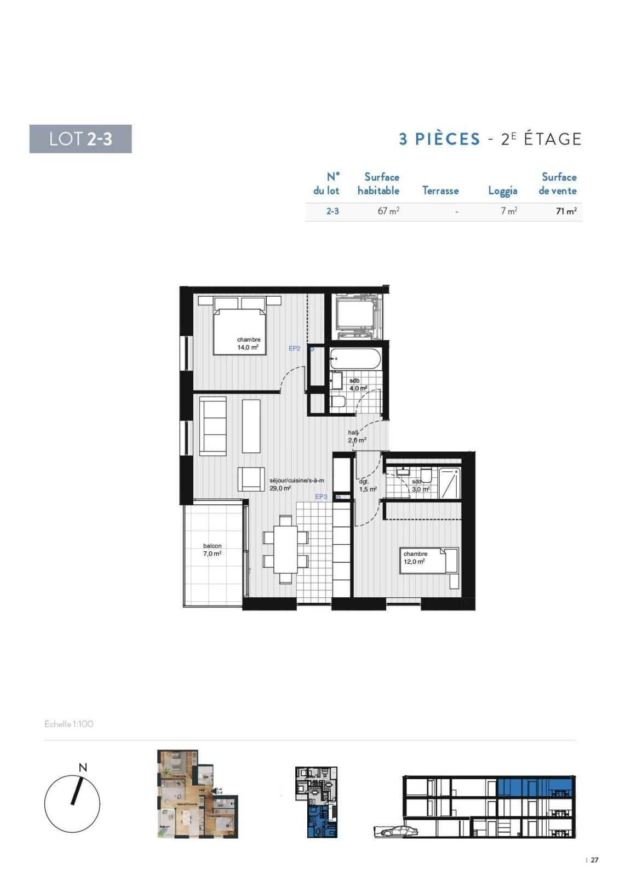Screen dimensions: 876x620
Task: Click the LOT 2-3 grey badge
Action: tap(81, 139)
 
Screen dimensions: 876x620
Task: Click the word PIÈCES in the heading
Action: tap(447, 139)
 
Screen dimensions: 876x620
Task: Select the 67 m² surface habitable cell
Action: tap(388, 211)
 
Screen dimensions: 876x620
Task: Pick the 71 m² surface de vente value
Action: tap(566, 211)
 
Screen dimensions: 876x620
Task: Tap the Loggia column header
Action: tap(502, 191)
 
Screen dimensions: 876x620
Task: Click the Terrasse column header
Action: tap(440, 191)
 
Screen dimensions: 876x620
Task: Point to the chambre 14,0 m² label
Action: tap(248, 343)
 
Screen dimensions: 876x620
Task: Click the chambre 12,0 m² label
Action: tap(415, 557)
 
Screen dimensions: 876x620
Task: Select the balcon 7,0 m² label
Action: tap(212, 550)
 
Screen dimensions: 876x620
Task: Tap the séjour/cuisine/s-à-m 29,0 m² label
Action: tap(296, 484)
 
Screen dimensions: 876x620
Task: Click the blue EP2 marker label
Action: tap(295, 348)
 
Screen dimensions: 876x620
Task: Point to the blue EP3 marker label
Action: tap(321, 497)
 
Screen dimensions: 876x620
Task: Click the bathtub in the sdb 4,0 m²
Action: tap(355, 359)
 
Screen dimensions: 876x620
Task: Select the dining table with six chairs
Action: tap(285, 549)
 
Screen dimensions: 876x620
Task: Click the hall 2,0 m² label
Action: tap(357, 436)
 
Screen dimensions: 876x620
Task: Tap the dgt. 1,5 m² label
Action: tap(367, 485)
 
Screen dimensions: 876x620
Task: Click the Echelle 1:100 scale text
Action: tap(69, 724)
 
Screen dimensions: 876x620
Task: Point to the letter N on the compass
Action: tap(83, 768)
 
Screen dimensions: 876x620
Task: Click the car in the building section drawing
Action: tap(399, 831)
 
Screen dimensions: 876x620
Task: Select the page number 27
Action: tap(594, 860)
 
